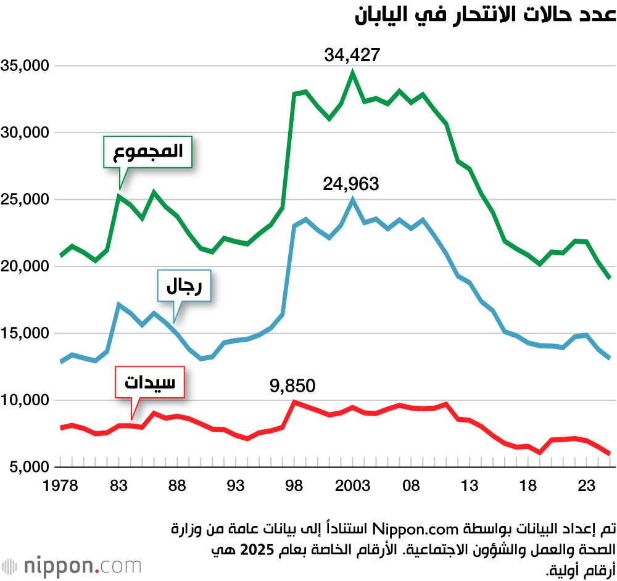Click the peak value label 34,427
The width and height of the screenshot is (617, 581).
[352, 56]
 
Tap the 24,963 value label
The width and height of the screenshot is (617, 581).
[351, 184]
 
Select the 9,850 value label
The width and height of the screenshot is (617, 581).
[292, 386]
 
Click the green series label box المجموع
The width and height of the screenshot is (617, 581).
[147, 152]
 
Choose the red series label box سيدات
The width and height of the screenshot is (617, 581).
[150, 382]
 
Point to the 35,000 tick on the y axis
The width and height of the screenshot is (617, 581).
[25, 66]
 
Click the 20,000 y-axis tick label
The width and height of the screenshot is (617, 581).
[25, 267]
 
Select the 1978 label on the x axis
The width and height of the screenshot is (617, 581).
[60, 486]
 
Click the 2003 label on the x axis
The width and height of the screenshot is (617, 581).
[353, 486]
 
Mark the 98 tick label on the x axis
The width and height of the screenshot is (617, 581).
[294, 486]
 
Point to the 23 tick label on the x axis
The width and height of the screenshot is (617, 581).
[587, 486]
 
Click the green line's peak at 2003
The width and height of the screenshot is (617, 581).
[353, 72]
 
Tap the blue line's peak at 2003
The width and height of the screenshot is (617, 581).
[353, 199]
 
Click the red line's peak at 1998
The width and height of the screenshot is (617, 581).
[294, 402]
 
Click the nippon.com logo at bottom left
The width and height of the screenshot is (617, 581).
[71, 565]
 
